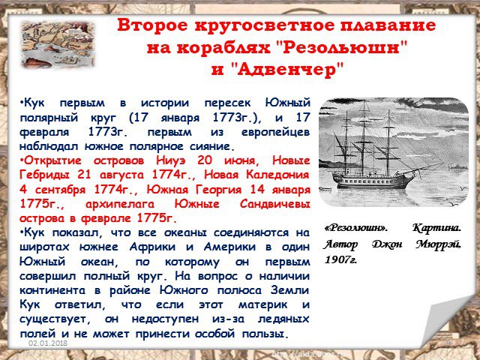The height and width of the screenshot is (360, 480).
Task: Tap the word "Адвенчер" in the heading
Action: coord(289,70)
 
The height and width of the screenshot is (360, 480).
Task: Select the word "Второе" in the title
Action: coord(152,25)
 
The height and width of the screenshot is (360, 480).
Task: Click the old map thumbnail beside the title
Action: coord(57,43)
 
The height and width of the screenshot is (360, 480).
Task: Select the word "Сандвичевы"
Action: coord(275,204)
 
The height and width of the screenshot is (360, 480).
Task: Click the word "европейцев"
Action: coord(275,132)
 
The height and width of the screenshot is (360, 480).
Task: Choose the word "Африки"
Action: coord(152,247)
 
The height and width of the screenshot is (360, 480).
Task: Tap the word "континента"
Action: coord(52,290)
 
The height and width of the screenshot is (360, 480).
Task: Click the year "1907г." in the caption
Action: coord(340,260)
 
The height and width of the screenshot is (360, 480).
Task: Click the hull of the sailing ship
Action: coord(373,181)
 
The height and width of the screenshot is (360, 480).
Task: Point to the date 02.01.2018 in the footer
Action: coord(48,343)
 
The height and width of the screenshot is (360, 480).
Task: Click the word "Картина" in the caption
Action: coord(436,228)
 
